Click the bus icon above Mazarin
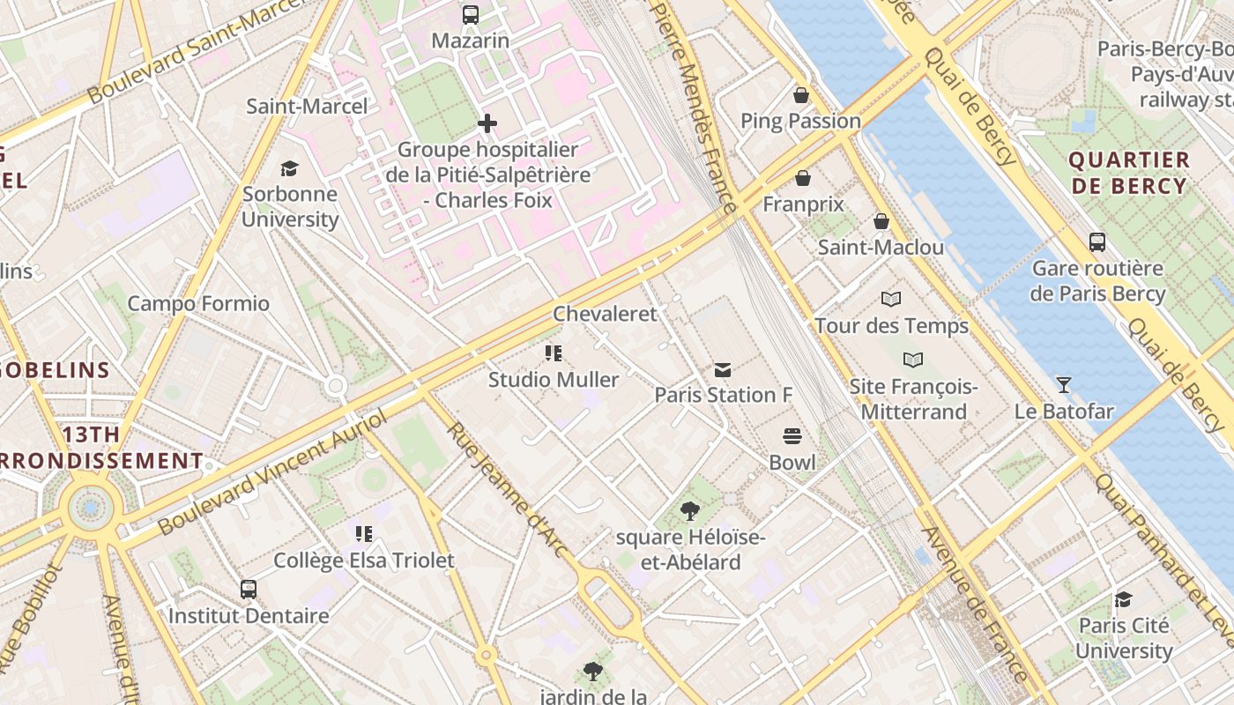click(471, 15)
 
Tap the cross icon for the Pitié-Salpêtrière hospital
click(487, 123)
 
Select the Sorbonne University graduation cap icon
click(289, 168)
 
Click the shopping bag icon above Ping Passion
click(801, 95)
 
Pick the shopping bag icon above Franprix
click(803, 179)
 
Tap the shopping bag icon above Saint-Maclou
click(881, 221)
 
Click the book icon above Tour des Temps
click(891, 300)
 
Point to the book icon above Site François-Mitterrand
click(913, 360)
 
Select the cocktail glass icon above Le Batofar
click(1064, 385)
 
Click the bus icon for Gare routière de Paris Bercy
click(1097, 242)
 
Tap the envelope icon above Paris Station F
click(723, 369)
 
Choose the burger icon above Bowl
click(792, 436)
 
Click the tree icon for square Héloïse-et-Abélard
click(690, 511)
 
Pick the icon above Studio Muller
click(554, 354)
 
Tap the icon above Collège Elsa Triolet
click(364, 534)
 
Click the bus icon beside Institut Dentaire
click(249, 589)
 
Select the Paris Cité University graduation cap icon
click(1123, 600)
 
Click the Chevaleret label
click(605, 314)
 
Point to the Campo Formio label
click(198, 304)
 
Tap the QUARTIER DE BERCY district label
click(1129, 173)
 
